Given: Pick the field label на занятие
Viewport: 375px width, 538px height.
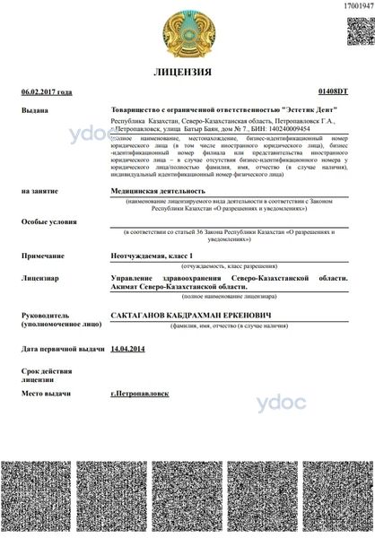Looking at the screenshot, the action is pos(39,190).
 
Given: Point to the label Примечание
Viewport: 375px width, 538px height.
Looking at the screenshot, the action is pos(44,256).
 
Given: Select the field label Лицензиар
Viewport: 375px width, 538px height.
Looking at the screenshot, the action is pos(40,279).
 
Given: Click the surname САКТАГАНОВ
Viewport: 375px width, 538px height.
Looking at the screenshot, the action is pos(142,317).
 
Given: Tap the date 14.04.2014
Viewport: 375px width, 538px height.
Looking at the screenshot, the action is pos(126,348).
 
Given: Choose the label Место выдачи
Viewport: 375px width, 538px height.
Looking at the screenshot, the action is pos(48,394).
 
